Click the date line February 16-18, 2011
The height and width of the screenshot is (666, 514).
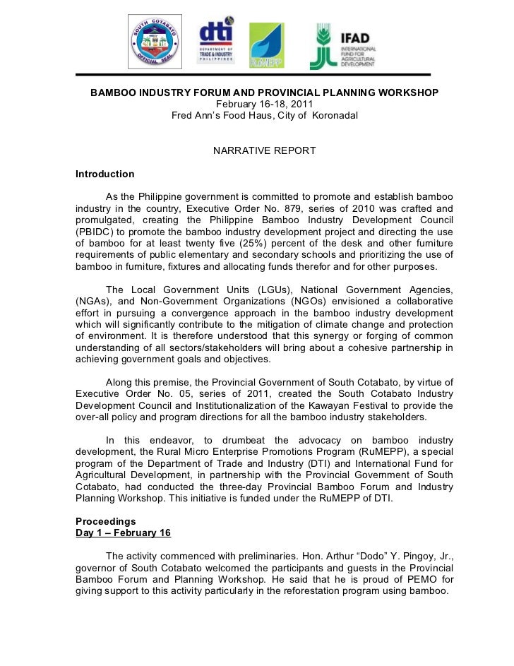coord(264,104)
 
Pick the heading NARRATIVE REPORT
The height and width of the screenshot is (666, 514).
coord(264,151)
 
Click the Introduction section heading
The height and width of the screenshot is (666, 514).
coord(104,174)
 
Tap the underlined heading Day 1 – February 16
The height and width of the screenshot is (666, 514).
coord(123,533)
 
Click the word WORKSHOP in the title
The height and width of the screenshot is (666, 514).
coord(406,93)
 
